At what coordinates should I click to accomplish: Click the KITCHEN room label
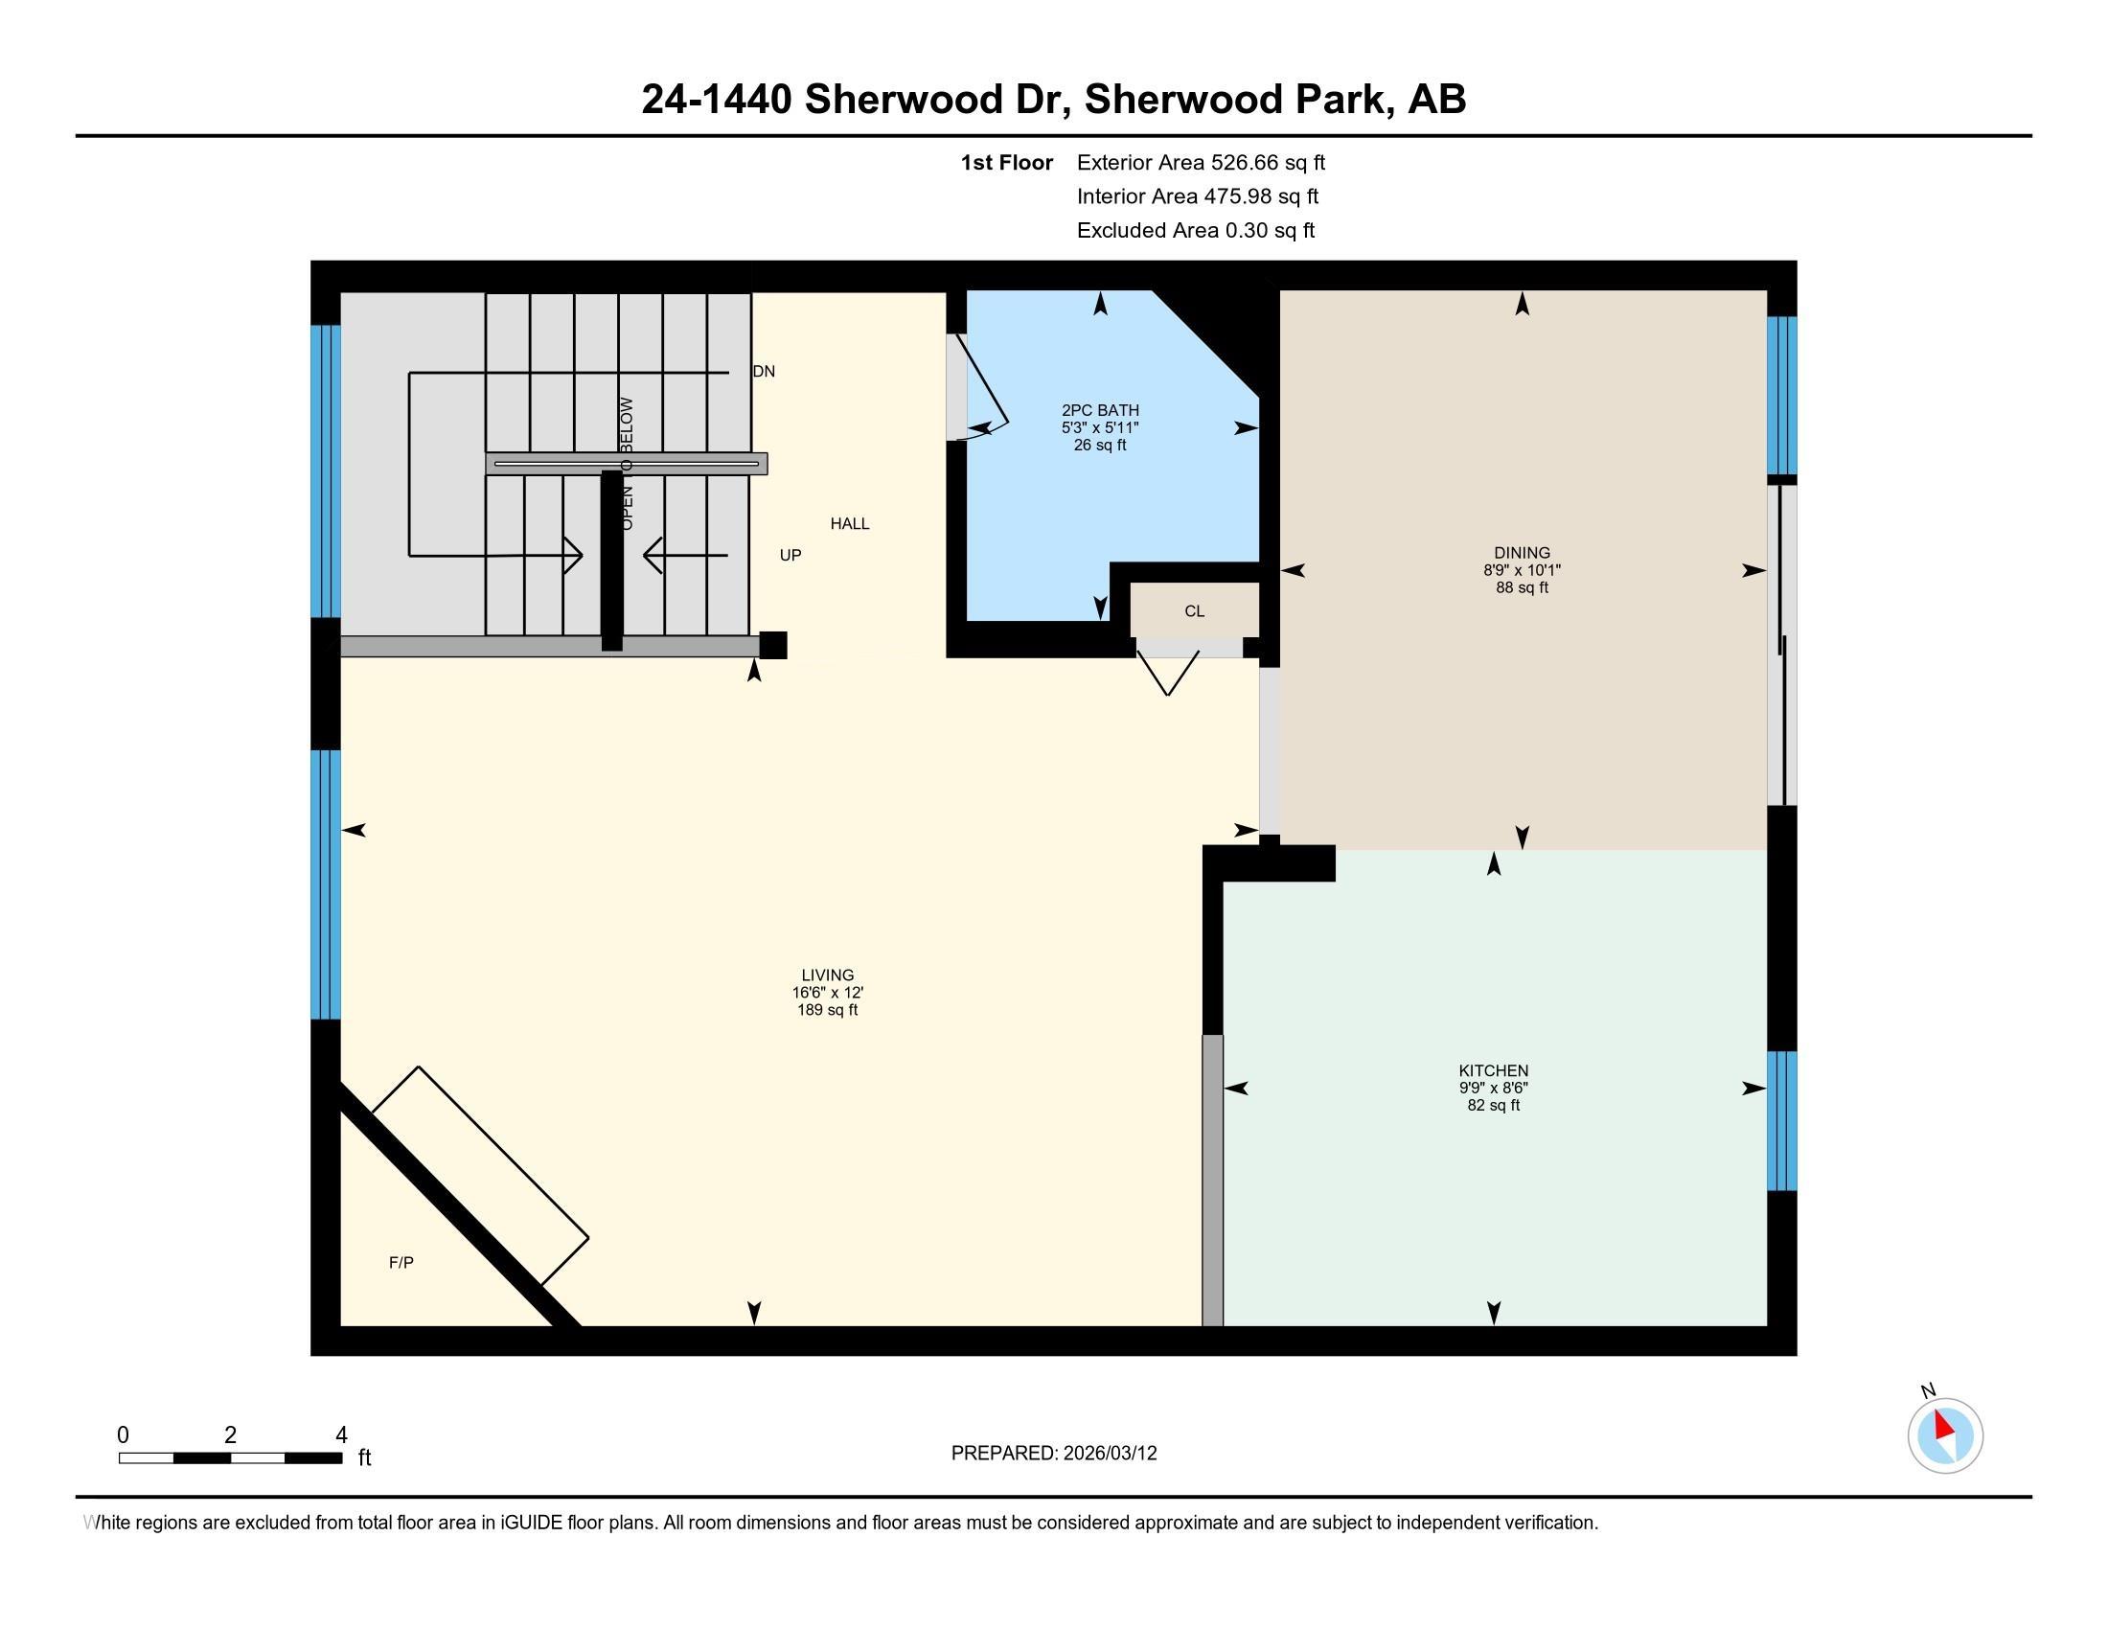click(1492, 1070)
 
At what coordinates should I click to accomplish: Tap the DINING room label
click(1522, 553)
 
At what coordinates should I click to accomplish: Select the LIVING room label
click(827, 975)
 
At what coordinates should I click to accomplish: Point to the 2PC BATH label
click(1099, 410)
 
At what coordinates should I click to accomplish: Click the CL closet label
click(1194, 611)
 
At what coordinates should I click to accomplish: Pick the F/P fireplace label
click(401, 1262)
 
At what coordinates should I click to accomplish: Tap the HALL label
click(849, 524)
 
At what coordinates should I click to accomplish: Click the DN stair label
click(764, 372)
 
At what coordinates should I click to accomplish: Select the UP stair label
click(790, 556)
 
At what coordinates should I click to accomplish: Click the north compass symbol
click(1944, 1435)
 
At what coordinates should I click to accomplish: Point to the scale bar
click(231, 1457)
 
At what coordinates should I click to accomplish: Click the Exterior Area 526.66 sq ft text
click(1201, 163)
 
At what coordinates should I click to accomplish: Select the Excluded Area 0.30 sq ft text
click(1195, 231)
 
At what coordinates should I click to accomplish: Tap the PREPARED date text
click(1053, 1454)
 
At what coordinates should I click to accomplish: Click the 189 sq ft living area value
click(827, 1010)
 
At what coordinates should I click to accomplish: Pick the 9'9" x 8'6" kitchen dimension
click(1492, 1088)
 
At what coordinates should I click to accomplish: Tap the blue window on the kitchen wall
click(1781, 1120)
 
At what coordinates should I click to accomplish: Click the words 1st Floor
click(1006, 163)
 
